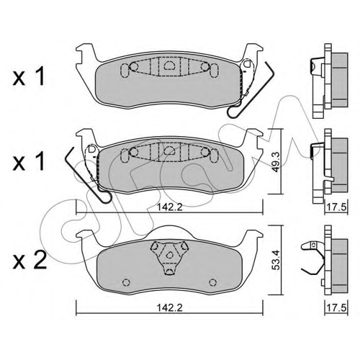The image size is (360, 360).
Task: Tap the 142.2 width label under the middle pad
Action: tap(169, 207)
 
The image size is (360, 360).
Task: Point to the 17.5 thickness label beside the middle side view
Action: tap(336, 207)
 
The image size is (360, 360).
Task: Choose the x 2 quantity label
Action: tap(30, 261)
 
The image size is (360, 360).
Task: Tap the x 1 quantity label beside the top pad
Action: tap(29, 76)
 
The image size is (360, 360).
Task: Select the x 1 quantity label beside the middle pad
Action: tap(29, 161)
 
